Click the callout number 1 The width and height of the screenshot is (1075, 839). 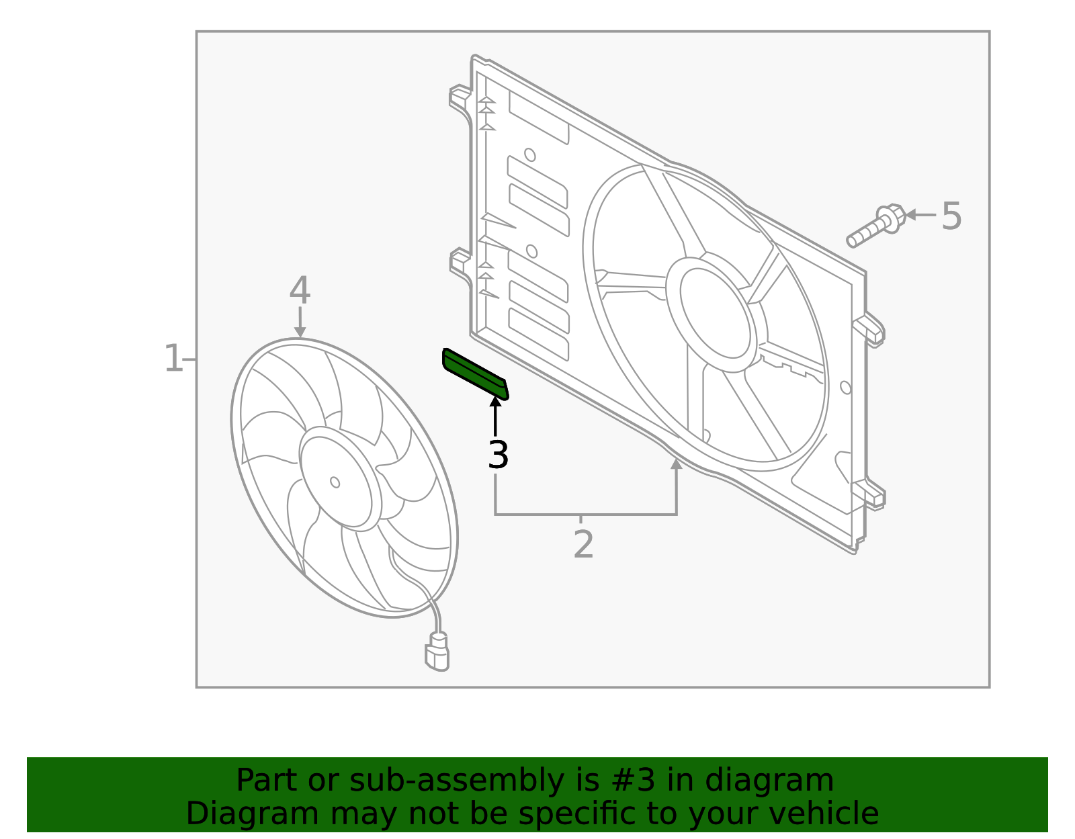pyautogui.click(x=173, y=359)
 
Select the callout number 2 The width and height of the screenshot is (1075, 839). pyautogui.click(x=583, y=544)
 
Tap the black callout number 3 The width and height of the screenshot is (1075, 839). pyautogui.click(x=498, y=455)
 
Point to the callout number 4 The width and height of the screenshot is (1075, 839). pyautogui.click(x=300, y=292)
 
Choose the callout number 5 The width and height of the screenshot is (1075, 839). pyautogui.click(x=951, y=216)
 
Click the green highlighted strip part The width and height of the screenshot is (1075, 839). pyautogui.click(x=474, y=373)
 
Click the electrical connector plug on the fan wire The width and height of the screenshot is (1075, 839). pyautogui.click(x=437, y=652)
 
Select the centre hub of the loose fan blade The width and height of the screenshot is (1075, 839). pyautogui.click(x=336, y=481)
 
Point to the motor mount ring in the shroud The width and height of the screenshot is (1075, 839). pyautogui.click(x=716, y=313)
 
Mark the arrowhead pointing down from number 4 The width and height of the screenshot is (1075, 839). pyautogui.click(x=300, y=332)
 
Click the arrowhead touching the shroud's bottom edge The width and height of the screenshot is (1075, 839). pyautogui.click(x=676, y=464)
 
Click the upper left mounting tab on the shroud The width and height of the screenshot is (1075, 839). pyautogui.click(x=460, y=95)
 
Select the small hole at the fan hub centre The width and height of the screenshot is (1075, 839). pyautogui.click(x=335, y=482)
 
